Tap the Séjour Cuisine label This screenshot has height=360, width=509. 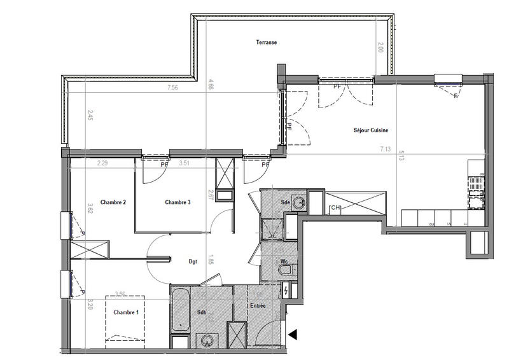tap(371, 130)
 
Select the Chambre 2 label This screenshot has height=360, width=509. tap(113, 202)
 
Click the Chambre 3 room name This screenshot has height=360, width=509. tap(178, 202)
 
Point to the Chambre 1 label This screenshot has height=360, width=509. tap(126, 312)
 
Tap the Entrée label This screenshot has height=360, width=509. tap(257, 306)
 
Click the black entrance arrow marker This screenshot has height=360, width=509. tap(293, 334)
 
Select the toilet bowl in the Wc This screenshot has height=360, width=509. tap(285, 272)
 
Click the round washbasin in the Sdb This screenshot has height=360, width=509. tap(206, 342)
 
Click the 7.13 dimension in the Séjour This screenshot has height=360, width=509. tap(385, 149)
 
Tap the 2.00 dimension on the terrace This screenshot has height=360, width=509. tap(380, 47)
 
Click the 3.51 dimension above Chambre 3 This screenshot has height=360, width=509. tap(185, 163)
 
